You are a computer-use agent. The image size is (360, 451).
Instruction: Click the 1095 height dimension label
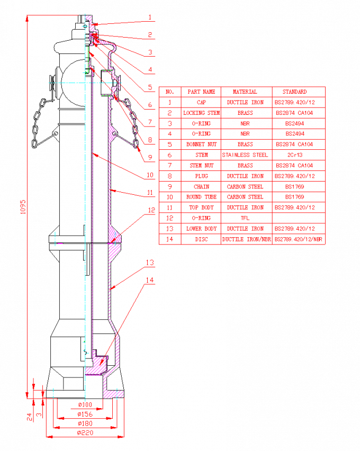23,207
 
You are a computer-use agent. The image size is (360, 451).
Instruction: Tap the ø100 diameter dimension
85,405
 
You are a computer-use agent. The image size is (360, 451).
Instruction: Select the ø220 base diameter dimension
85,432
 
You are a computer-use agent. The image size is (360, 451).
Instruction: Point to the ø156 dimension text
85,414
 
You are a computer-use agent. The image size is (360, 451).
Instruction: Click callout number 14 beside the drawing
150,280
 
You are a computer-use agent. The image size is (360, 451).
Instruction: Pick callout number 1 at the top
150,17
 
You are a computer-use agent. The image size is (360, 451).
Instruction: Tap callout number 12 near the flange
151,210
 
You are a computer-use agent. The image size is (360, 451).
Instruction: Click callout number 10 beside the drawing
150,175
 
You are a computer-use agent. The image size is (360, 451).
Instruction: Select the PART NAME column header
201,92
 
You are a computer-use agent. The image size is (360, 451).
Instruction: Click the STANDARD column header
295,92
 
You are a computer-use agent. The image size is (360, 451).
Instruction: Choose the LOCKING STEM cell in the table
201,113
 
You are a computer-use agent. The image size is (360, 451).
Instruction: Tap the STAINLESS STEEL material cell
245,155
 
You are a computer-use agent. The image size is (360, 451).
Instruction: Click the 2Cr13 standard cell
295,155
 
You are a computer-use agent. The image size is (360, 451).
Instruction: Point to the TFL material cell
245,218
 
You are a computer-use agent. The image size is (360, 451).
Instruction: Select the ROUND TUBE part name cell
201,197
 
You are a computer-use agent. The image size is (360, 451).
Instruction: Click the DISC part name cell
201,239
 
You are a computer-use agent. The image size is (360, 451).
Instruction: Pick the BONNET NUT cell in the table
201,145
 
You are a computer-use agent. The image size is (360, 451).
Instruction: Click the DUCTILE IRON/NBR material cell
247,239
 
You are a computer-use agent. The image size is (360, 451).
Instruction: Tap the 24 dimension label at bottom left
29,417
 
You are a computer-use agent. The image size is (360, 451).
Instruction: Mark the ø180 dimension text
85,423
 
